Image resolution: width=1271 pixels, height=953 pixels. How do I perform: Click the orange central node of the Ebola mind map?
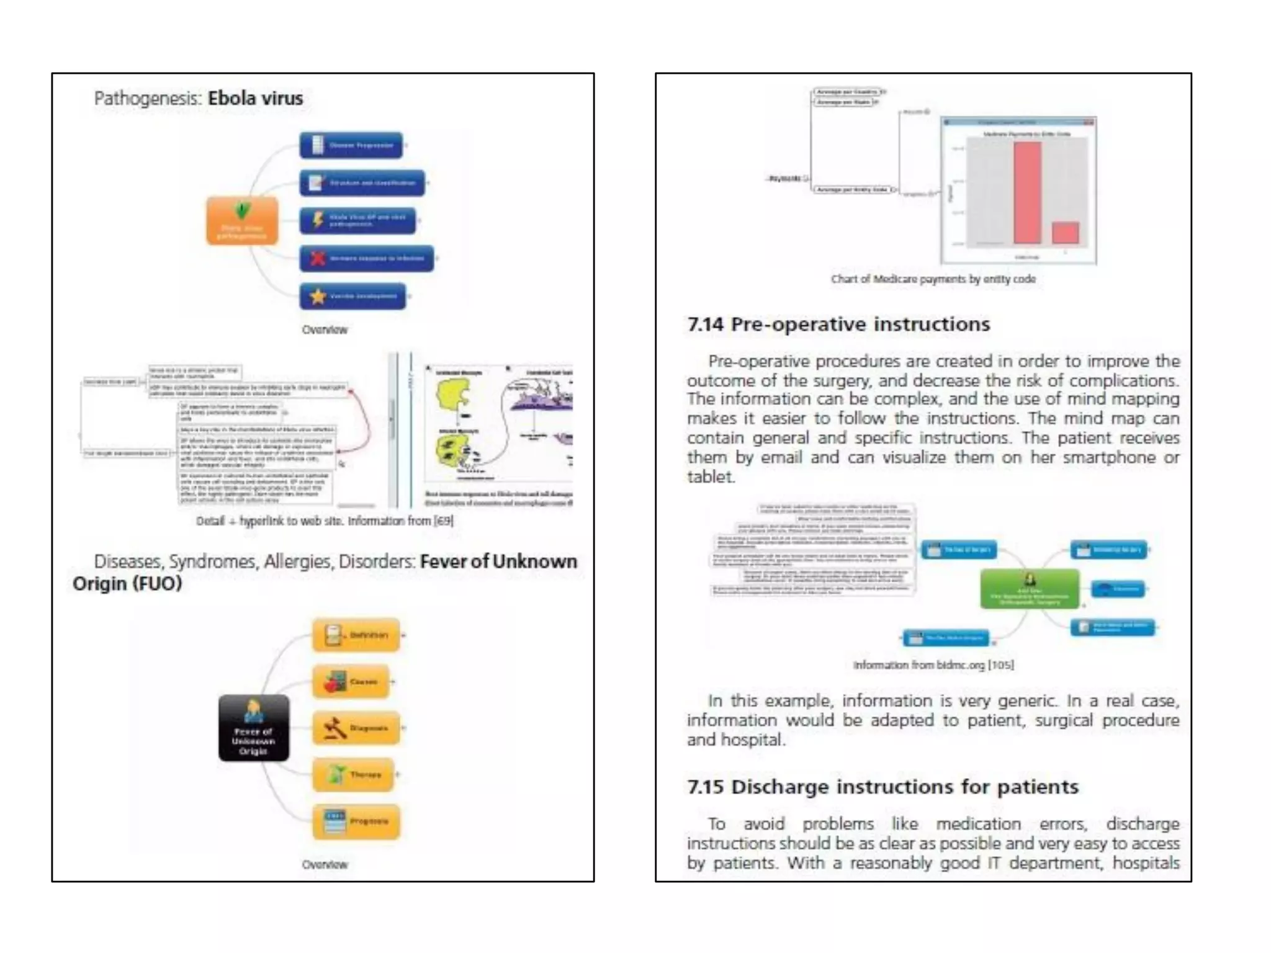(242, 220)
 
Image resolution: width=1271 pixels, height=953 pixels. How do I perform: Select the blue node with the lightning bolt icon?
(357, 220)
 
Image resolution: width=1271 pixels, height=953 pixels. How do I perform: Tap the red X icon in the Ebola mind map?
(318, 258)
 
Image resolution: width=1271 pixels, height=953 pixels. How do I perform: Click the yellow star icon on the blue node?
(318, 297)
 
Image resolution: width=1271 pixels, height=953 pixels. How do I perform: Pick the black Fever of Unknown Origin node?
(253, 728)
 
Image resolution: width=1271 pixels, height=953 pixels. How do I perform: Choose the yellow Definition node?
(356, 635)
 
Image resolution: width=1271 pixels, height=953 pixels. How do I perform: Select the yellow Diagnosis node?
(356, 728)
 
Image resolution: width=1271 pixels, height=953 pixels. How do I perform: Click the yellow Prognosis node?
(356, 821)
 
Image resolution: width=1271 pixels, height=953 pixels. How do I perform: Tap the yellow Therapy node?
(353, 774)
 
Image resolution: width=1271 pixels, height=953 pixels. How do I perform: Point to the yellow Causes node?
(351, 681)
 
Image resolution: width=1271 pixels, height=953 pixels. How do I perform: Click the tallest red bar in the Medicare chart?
(1027, 192)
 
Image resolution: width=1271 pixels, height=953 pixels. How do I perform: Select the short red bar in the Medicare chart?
(1066, 233)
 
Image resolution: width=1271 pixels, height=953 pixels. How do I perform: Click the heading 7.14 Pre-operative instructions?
(838, 324)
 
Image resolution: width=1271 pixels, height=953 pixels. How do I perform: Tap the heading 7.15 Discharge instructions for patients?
(883, 787)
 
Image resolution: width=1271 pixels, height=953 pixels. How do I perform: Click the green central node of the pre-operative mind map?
(1029, 589)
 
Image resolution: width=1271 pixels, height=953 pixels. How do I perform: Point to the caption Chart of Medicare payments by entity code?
(933, 279)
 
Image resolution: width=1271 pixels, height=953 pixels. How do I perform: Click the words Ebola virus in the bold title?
(255, 98)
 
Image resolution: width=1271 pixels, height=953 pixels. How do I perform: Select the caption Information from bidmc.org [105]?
(933, 665)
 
